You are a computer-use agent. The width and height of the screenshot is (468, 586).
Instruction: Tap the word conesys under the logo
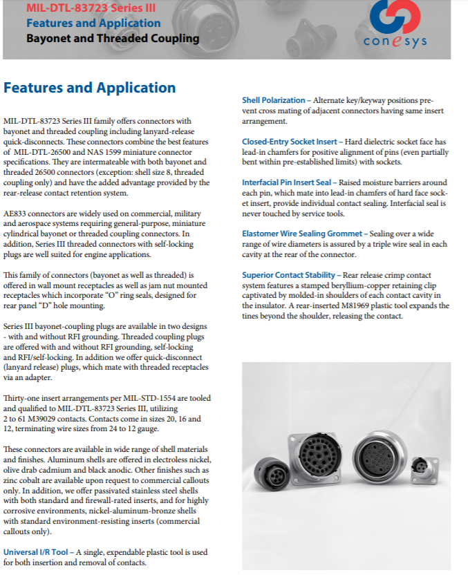(395, 41)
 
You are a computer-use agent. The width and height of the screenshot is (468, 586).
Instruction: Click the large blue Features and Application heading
(90, 88)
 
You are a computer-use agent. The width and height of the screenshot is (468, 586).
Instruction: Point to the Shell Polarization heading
(272, 101)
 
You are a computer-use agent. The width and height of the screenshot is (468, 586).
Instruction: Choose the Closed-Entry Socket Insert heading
(289, 142)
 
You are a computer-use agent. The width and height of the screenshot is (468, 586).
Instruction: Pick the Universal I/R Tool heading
(36, 553)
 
